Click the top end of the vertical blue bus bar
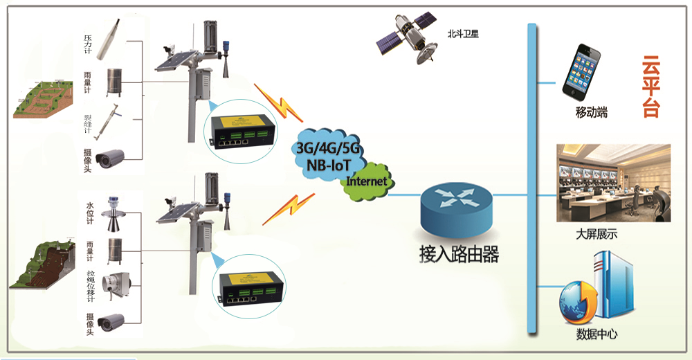[531, 24]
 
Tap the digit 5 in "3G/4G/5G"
[343, 148]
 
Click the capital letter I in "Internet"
[349, 181]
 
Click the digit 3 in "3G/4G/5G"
[300, 148]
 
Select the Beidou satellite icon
[406, 39]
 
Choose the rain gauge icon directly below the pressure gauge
[114, 82]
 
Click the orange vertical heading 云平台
[651, 87]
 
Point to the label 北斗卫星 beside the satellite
[463, 34]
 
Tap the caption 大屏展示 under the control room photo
[597, 234]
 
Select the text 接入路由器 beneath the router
[459, 255]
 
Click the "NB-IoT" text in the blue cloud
[329, 165]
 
